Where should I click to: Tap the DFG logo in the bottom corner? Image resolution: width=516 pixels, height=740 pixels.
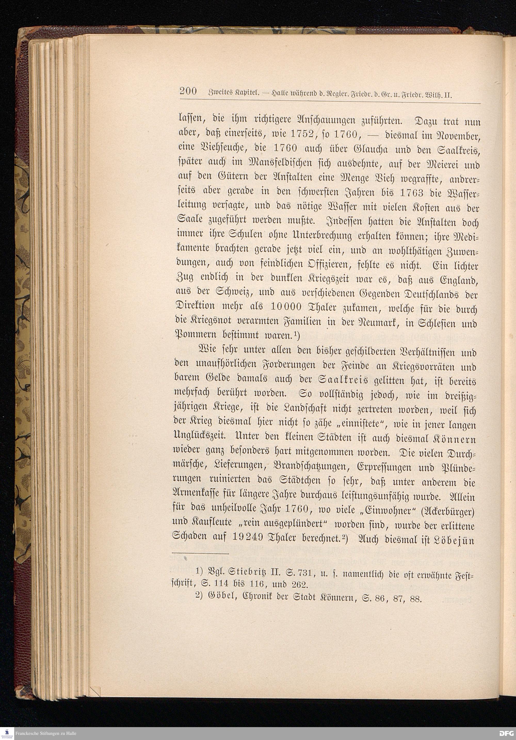(506, 734)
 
